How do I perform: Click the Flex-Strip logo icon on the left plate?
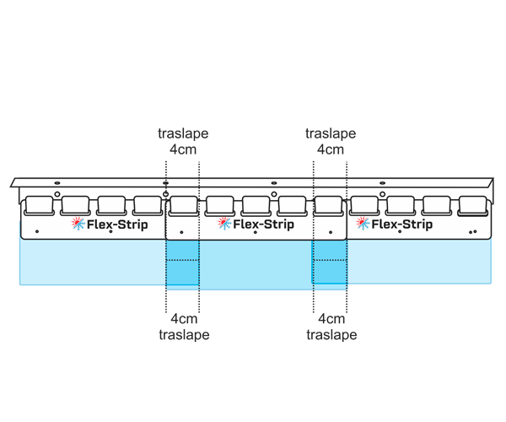78,224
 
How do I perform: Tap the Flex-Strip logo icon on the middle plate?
223,224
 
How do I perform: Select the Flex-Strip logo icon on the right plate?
363,224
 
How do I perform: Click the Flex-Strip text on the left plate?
118,225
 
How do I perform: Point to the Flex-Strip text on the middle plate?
264,225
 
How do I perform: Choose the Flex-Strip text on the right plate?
403,225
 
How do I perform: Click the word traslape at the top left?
183,134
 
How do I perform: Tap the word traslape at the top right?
330,134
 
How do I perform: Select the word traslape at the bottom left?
183,334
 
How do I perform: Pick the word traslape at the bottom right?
330,334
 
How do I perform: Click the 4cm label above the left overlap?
183,150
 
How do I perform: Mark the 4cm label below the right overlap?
330,319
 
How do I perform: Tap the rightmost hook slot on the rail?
473,205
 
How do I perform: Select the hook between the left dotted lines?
182,205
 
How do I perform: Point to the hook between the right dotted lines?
329,205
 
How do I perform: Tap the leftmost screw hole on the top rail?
57,182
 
